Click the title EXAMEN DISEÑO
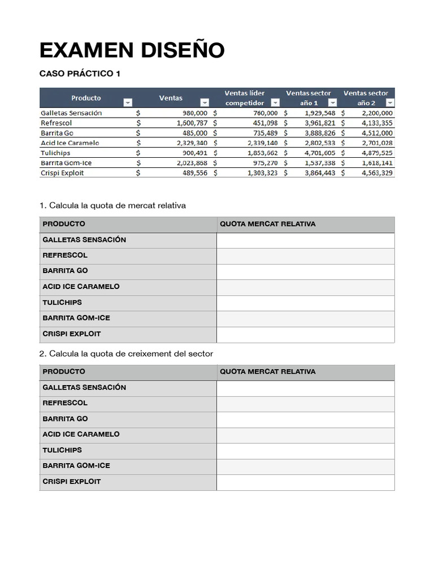pyautogui.click(x=132, y=50)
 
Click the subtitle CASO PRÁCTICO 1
pyautogui.click(x=80, y=74)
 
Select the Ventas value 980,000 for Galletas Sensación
pyautogui.click(x=192, y=113)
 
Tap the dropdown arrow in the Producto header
pyautogui.click(x=127, y=102)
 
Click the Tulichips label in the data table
pyautogui.click(x=55, y=153)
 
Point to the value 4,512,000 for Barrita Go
pyautogui.click(x=376, y=133)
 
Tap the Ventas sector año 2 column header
pyautogui.click(x=366, y=97)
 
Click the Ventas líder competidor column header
pyautogui.click(x=244, y=97)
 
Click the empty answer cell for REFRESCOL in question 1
pyautogui.click(x=305, y=256)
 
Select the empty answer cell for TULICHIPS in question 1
pyautogui.click(x=305, y=303)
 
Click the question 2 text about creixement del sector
pyautogui.click(x=126, y=353)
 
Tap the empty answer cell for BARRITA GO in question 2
pyautogui.click(x=305, y=419)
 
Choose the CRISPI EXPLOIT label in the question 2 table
pyautogui.click(x=71, y=481)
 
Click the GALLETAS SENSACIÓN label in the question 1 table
pyautogui.click(x=84, y=240)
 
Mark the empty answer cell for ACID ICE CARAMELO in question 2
pyautogui.click(x=305, y=434)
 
